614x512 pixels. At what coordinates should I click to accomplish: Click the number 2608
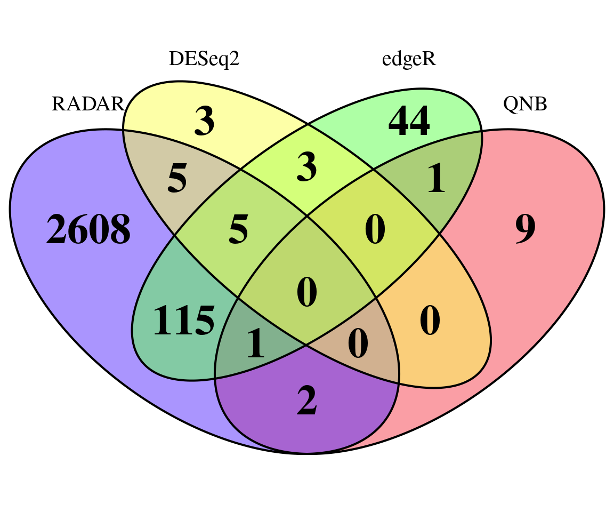[88, 229]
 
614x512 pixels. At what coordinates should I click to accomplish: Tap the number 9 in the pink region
[525, 229]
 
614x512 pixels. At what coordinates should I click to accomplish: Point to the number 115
[184, 321]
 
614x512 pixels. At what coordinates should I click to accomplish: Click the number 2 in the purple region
[306, 400]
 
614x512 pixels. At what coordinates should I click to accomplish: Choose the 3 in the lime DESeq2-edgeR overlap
[306, 167]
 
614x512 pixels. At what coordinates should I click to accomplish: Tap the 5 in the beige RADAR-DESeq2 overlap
[177, 178]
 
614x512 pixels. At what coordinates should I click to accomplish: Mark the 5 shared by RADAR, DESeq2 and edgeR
[238, 229]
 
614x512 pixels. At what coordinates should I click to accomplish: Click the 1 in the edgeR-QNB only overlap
[436, 178]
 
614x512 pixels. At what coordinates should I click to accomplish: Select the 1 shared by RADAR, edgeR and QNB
[256, 343]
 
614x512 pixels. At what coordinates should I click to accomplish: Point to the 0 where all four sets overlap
[306, 292]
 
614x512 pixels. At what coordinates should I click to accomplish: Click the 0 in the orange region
[430, 321]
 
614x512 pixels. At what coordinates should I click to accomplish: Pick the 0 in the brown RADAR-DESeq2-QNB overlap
[358, 343]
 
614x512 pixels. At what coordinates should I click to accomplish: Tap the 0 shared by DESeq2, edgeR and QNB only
[375, 229]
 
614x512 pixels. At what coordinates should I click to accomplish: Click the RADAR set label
[88, 104]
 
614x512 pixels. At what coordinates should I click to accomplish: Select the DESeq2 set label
[204, 59]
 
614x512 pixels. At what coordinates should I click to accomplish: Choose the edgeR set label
[409, 59]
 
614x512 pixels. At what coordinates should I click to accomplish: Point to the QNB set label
[524, 104]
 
